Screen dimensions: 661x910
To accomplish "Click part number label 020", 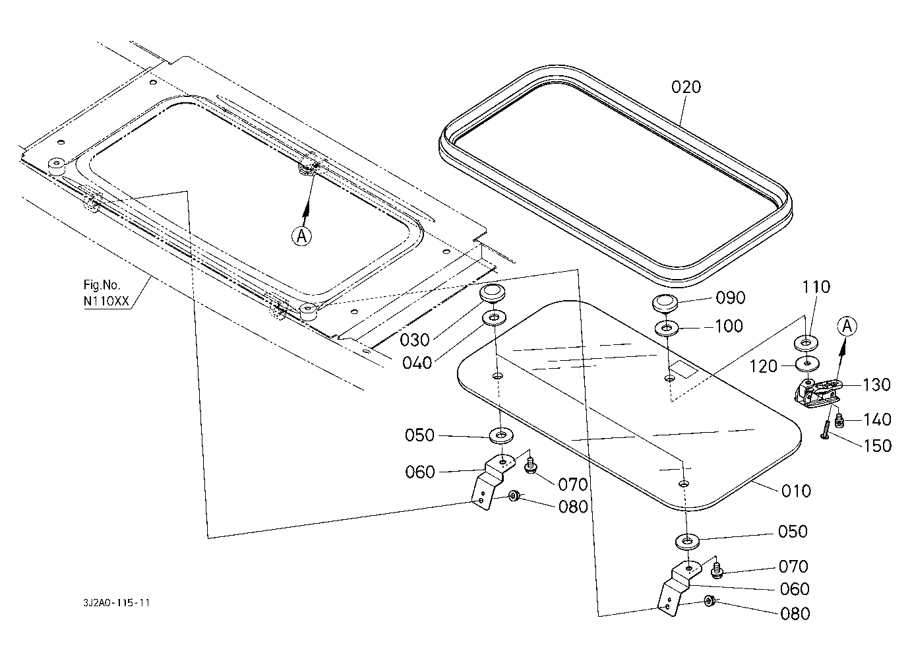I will point(686,87).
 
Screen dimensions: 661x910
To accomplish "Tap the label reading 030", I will point(415,340).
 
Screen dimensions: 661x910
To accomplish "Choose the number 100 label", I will point(728,327).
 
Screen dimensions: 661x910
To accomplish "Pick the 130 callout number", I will point(876,385).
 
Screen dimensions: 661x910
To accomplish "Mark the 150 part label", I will point(877,445).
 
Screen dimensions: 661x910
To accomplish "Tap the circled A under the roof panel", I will point(301,236).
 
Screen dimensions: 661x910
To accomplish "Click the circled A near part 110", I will point(848,325).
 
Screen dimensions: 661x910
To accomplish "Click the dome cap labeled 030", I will point(490,292).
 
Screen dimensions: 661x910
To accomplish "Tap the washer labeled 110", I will point(806,343).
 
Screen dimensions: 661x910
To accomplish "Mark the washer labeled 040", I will point(494,318).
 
